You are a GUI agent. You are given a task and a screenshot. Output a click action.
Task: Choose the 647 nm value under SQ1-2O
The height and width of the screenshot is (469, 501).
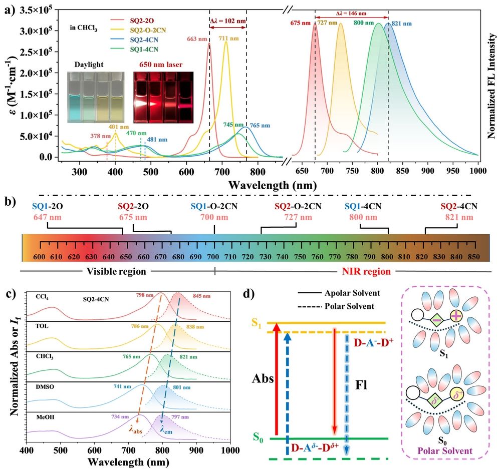[48, 217]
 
